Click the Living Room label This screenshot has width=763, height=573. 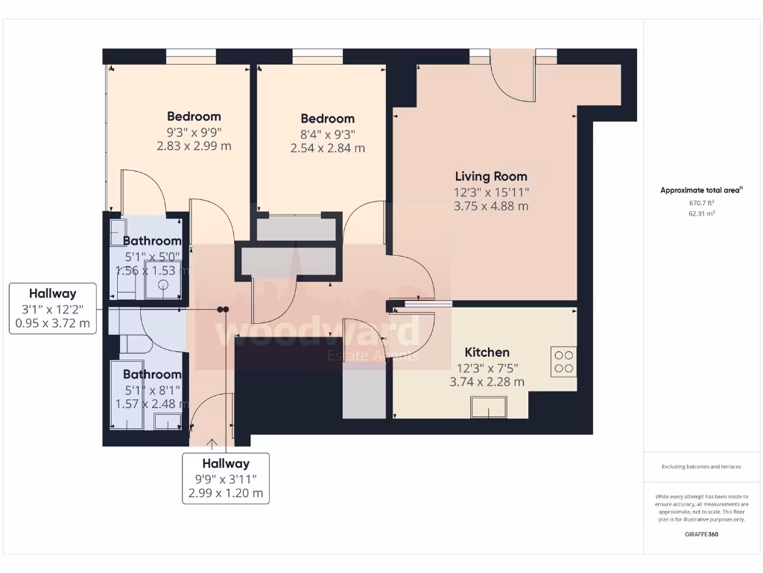[x=491, y=177]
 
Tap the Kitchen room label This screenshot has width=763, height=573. [x=487, y=352]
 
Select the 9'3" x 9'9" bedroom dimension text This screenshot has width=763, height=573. [x=194, y=131]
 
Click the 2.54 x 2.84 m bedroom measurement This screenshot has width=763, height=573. [x=328, y=148]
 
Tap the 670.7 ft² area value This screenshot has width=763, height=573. [x=700, y=202]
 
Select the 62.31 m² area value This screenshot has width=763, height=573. [x=700, y=213]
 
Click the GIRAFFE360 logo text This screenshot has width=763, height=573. [x=700, y=534]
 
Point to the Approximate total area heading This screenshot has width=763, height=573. [x=700, y=190]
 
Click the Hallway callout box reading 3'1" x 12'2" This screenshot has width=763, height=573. [x=52, y=309]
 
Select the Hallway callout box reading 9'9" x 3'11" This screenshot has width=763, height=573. [x=226, y=478]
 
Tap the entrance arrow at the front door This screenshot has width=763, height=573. [x=213, y=445]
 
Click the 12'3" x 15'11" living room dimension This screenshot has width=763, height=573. [x=491, y=192]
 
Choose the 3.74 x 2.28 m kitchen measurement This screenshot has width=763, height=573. [x=487, y=381]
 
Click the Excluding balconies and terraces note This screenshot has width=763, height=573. [x=700, y=467]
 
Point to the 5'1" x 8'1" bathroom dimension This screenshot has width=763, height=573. [x=152, y=389]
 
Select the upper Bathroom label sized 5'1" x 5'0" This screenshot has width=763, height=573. [x=152, y=241]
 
